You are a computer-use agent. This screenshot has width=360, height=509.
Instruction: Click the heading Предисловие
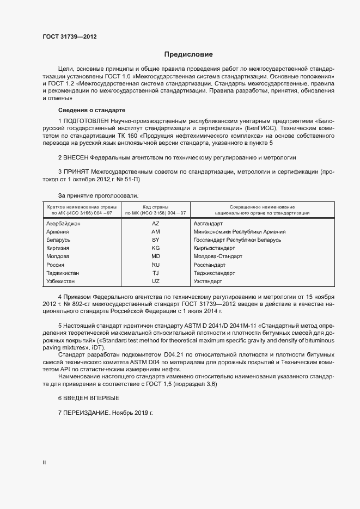coord(189,54)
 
